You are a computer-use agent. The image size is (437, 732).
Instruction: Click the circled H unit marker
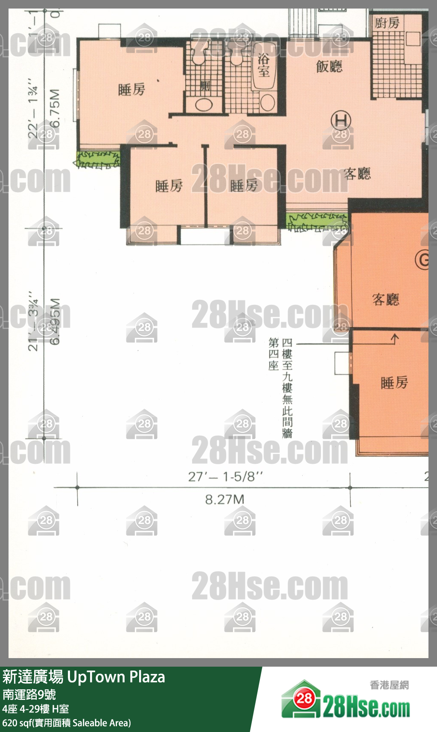341,121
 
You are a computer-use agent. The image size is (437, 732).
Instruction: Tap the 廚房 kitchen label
387,23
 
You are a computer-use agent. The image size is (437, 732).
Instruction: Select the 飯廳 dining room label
329,66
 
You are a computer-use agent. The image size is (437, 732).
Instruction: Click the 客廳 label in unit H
357,173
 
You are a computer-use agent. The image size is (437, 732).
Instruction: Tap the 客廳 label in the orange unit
385,299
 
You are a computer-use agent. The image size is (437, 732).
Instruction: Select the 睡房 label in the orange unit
394,382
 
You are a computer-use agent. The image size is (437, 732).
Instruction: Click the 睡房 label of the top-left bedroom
131,90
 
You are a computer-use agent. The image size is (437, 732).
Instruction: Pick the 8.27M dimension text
224,499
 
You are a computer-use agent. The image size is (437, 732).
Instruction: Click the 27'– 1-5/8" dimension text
225,477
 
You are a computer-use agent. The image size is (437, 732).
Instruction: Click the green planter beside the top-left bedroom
98,158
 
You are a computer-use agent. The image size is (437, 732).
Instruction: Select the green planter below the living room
317,221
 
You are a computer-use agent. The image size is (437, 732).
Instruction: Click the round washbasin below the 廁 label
204,105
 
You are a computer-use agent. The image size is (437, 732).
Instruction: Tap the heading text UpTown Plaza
116,677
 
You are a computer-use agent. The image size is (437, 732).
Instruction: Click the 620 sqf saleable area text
66,723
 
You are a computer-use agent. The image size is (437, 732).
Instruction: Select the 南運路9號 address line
29,694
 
